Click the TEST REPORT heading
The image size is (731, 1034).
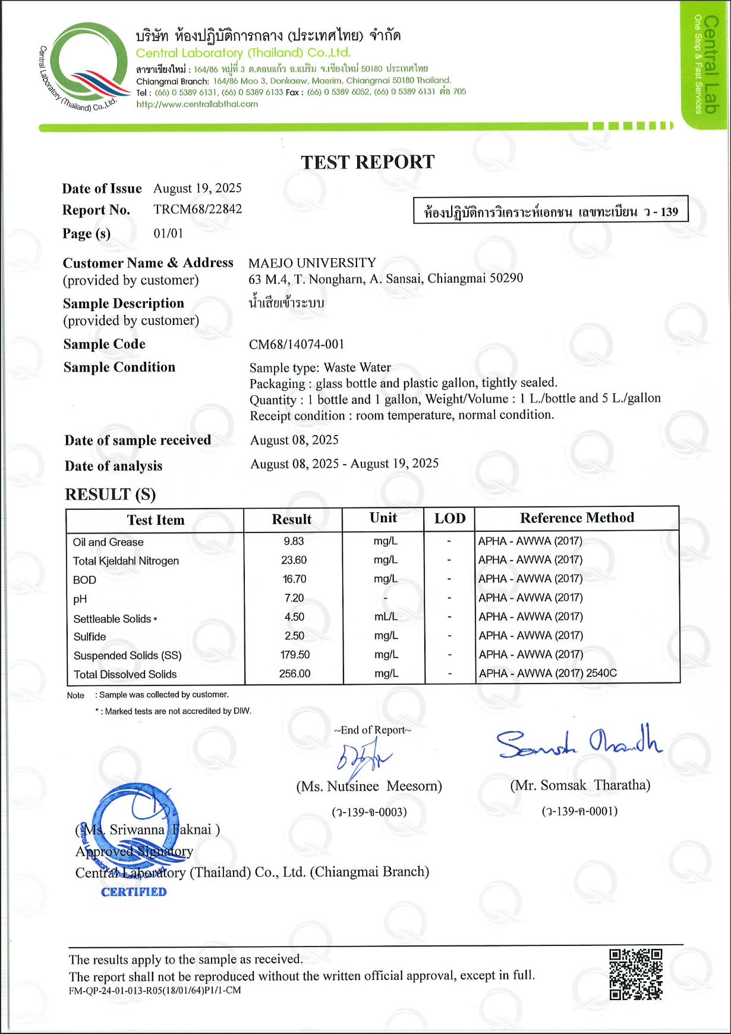[367, 162]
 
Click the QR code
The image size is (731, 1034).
[635, 975]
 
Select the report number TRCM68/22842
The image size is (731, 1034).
[197, 209]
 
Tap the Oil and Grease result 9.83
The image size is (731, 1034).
[294, 541]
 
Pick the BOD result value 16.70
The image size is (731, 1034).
[294, 579]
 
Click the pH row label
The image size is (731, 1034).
[80, 599]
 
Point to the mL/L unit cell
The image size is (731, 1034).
[386, 617]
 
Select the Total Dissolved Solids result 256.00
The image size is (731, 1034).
[295, 673]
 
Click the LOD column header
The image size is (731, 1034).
[449, 518]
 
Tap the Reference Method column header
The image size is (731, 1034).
[576, 518]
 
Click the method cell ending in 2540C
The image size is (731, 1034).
[547, 673]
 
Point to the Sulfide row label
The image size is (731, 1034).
[90, 637]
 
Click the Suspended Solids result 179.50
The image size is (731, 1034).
[295, 654]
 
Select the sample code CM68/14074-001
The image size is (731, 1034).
[296, 344]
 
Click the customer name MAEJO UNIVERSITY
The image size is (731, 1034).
[312, 263]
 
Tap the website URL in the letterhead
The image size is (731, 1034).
[197, 104]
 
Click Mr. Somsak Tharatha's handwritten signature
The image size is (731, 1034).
[579, 743]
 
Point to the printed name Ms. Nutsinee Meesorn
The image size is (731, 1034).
[369, 787]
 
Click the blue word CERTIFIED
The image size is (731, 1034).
[134, 892]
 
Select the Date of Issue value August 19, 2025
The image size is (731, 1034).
[197, 189]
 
